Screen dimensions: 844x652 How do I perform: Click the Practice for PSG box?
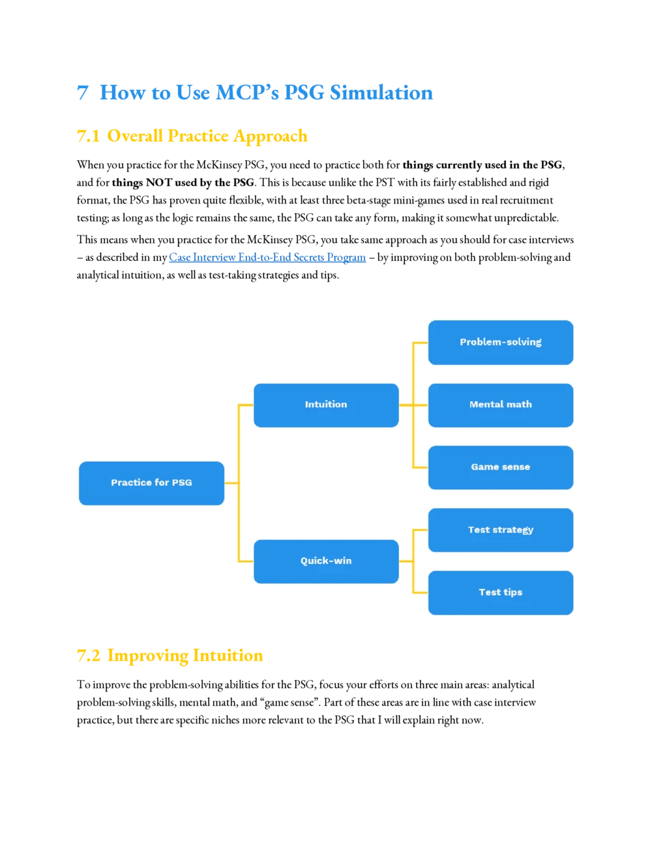pos(151,483)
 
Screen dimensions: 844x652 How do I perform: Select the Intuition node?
pos(326,405)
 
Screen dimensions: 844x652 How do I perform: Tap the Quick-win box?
pos(326,561)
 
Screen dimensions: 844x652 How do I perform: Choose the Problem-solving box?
pos(501,342)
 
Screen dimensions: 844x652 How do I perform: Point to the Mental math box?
pos(501,405)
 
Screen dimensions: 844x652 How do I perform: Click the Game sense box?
pos(501,468)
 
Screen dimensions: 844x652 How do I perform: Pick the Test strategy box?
pos(501,530)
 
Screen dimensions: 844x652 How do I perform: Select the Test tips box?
pos(501,593)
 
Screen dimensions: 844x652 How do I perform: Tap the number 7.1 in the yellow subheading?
pos(88,136)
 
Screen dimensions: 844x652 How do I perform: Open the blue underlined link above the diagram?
pos(268,258)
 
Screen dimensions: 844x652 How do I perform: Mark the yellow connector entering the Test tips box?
pos(421,593)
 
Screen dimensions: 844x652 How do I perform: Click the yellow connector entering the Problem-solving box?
pos(421,342)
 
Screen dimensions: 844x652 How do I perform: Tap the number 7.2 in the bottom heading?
pos(89,656)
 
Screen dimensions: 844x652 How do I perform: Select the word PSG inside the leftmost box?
pos(182,483)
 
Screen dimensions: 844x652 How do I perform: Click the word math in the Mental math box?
pos(519,405)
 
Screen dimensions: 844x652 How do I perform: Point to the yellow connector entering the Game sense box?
pos(421,468)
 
